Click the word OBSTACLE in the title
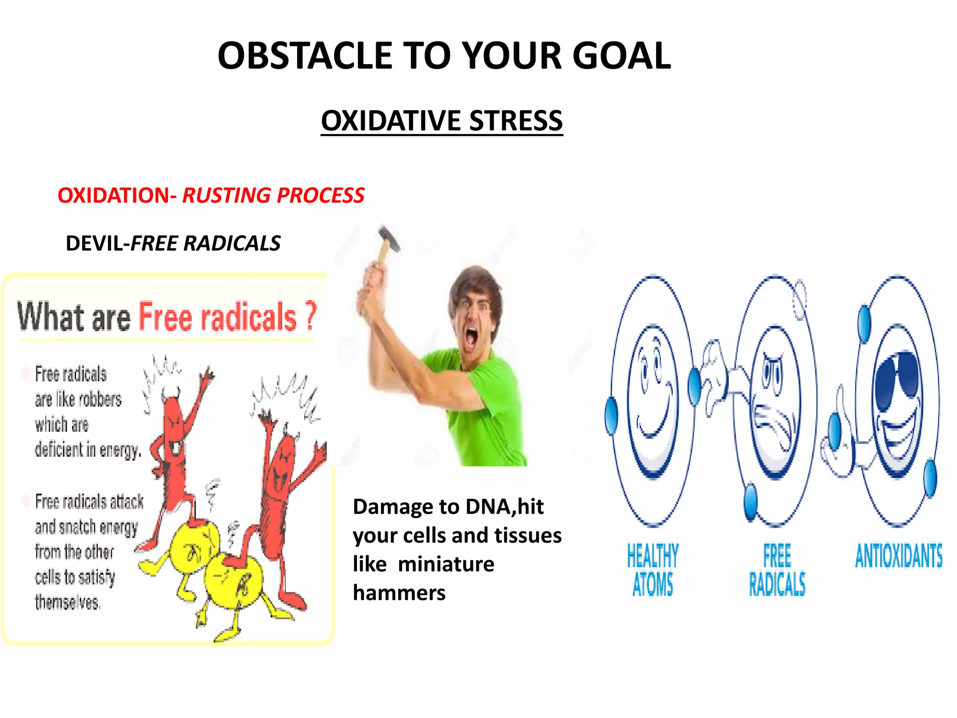[x=305, y=56]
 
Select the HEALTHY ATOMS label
[x=652, y=570]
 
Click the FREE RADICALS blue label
[x=777, y=570]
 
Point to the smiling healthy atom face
[x=652, y=397]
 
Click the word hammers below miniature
[x=399, y=593]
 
